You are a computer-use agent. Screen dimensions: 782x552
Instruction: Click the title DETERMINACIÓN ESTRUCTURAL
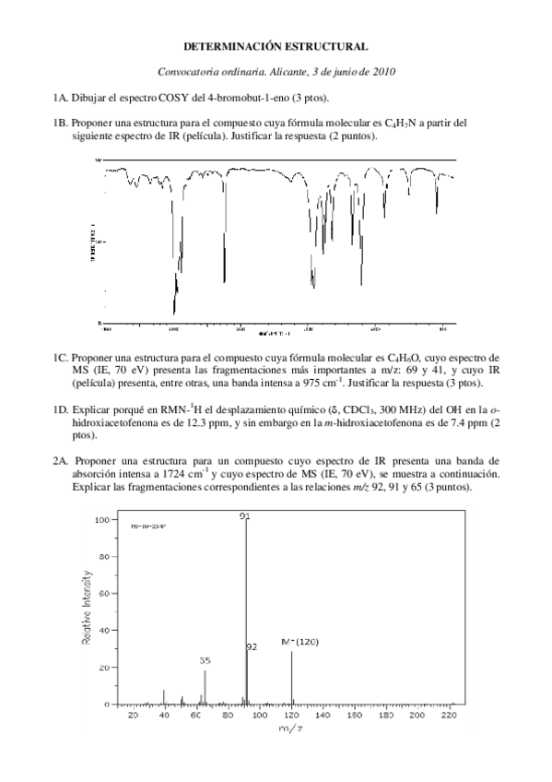(x=276, y=45)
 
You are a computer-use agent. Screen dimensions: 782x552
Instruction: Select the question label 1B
(x=61, y=123)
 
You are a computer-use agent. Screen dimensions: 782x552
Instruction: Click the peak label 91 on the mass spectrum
(x=245, y=515)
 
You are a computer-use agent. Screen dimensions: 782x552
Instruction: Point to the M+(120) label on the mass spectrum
(x=299, y=642)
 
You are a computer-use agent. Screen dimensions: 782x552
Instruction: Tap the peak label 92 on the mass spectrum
(x=252, y=647)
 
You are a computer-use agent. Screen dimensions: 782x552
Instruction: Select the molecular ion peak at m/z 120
(x=292, y=678)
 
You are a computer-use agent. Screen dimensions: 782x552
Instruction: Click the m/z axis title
(x=289, y=729)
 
